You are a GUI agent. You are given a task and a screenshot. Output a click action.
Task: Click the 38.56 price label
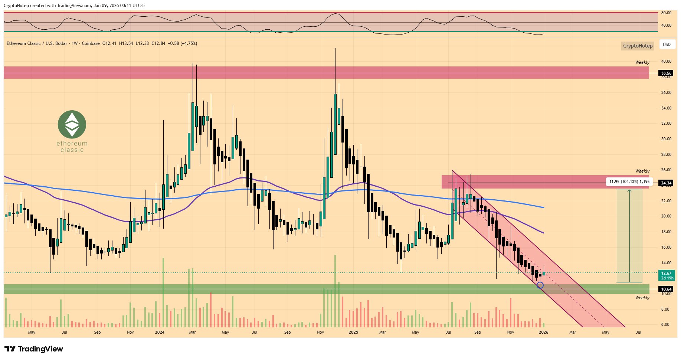(666, 73)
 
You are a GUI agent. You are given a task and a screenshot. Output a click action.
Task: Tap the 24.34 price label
(666, 183)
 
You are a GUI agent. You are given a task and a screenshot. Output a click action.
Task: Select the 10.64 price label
(666, 289)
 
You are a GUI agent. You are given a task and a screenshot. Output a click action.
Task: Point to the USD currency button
(667, 45)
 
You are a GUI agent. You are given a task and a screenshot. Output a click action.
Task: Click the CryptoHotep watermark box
(637, 46)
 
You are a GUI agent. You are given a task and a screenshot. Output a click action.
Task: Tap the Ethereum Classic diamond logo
(72, 124)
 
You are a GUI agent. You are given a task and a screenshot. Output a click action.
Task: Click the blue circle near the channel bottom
(540, 285)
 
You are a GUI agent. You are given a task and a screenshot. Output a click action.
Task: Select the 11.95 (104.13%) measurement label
(629, 181)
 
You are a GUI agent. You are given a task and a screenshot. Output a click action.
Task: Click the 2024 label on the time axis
(160, 332)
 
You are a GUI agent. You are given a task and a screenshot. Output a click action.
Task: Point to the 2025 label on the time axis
(353, 332)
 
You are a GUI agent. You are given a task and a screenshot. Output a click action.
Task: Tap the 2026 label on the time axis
(543, 332)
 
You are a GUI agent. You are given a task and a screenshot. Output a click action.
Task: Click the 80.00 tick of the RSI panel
(666, 13)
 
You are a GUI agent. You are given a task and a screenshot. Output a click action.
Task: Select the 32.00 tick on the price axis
(666, 123)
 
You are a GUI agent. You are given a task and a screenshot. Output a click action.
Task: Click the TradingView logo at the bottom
(34, 349)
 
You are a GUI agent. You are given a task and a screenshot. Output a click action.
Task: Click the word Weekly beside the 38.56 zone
(642, 62)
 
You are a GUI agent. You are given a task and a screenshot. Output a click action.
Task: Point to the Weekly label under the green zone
(642, 298)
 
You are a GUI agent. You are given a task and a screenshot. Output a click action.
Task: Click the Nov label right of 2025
(511, 332)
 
